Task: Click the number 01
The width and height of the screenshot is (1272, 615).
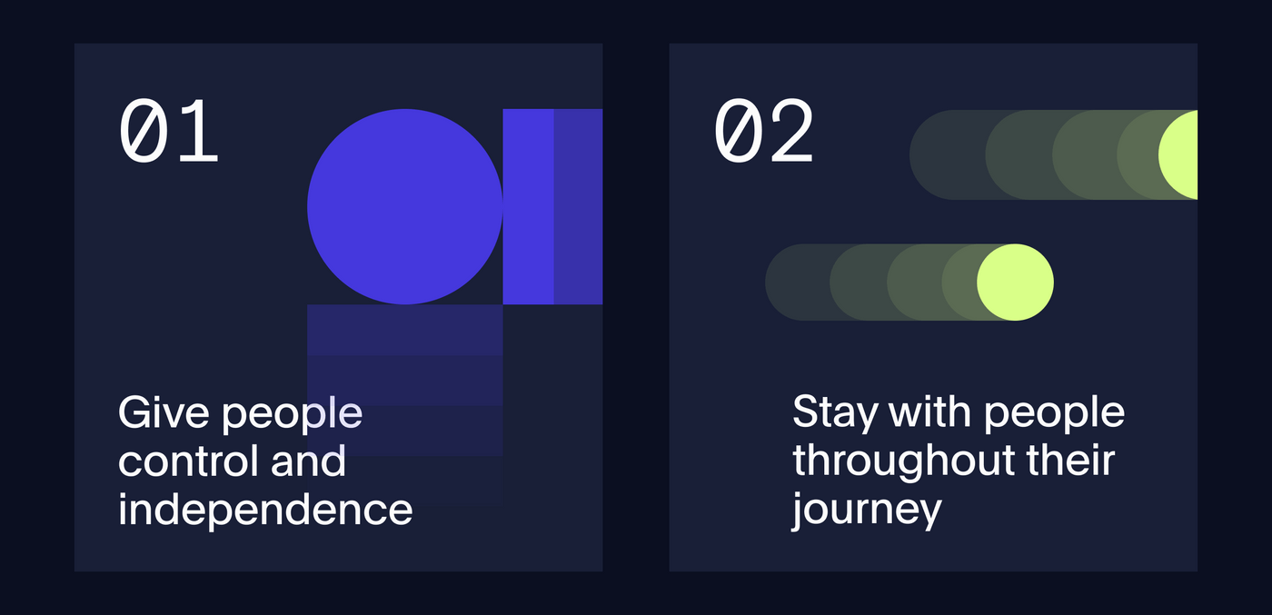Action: click(x=168, y=130)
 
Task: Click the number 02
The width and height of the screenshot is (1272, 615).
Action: click(x=763, y=130)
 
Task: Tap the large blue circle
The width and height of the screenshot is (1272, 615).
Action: click(x=405, y=207)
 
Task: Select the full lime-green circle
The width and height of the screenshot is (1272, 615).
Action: click(x=1016, y=283)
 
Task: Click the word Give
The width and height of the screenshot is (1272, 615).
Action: click(x=164, y=412)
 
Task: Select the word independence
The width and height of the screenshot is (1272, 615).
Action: click(x=265, y=509)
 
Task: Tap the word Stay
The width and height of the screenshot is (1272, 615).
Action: click(x=835, y=413)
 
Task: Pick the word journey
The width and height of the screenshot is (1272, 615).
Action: click(x=867, y=511)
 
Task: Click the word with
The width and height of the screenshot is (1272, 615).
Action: click(x=930, y=412)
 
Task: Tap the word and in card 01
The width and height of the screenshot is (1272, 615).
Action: click(x=308, y=461)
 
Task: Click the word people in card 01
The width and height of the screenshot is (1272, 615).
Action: click(x=292, y=415)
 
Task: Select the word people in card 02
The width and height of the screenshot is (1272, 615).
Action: click(x=1054, y=414)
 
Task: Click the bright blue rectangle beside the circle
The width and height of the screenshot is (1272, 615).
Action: click(x=529, y=207)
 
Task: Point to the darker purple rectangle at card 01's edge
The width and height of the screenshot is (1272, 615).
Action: click(x=578, y=207)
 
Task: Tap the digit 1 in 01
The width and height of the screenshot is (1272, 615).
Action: click(x=195, y=131)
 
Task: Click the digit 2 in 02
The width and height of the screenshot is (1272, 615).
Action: click(x=791, y=130)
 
